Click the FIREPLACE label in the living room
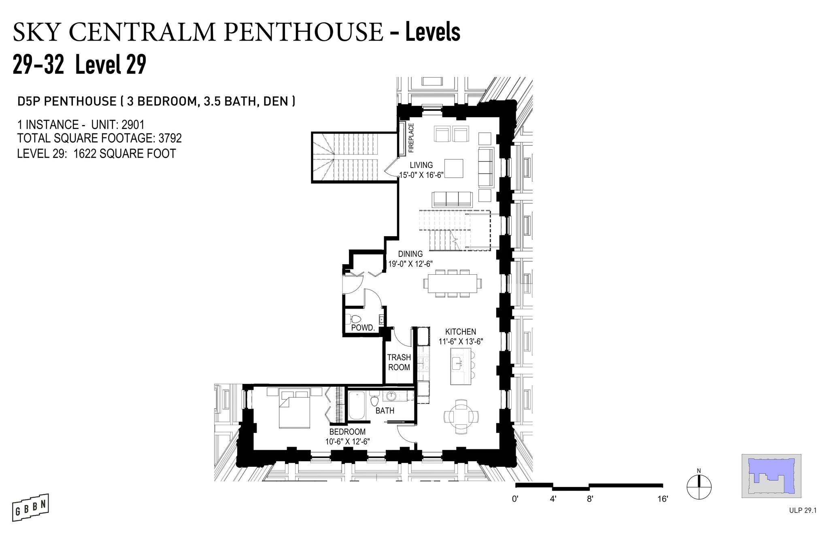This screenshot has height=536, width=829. coord(411,138)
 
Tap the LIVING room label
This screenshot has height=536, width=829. coord(421,165)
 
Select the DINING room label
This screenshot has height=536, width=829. coord(410,254)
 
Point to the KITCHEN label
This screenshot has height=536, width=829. coord(461,332)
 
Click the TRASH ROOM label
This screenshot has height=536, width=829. coord(399,362)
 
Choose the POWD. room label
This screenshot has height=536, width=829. coord(363,328)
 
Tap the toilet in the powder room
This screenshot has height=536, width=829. coord(355,319)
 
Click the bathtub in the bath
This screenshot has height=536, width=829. coord(357,406)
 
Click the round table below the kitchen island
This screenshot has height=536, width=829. coord(461,416)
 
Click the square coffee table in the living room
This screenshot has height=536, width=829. coord(454,168)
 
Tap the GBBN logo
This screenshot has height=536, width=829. coord(30,507)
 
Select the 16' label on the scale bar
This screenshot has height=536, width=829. coord(662,499)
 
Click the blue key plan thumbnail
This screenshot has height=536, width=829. coord(772,476)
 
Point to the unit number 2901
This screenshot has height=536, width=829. coord(133,124)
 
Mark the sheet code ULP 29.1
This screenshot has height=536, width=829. coord(803,511)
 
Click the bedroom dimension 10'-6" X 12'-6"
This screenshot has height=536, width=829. coord(348,442)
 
